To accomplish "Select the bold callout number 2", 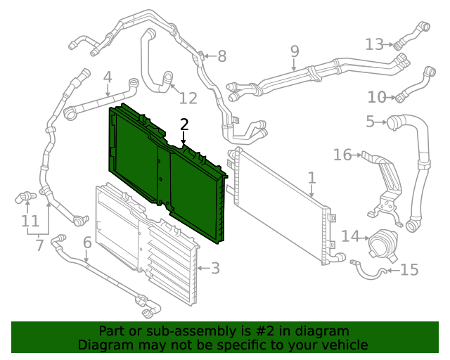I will point(184,124).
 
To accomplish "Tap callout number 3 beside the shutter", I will point(215,268).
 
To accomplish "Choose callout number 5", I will point(370,122).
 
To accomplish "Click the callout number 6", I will point(87,243).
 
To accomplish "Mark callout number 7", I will point(39,245).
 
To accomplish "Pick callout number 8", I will point(221,56).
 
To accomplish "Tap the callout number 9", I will point(295,51).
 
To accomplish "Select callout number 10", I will point(377,96).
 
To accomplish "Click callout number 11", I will point(30,221).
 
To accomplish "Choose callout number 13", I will point(375,44).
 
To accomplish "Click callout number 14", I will point(350,236).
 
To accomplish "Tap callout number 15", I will point(409,269).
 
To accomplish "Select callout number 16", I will point(342,154).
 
